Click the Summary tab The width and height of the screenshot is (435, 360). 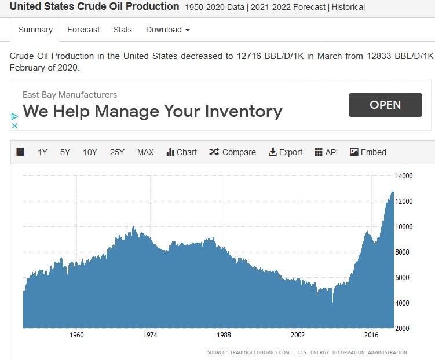pyautogui.click(x=35, y=30)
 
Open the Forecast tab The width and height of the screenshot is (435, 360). pyautogui.click(x=83, y=30)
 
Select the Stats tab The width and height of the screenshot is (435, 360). pyautogui.click(x=123, y=30)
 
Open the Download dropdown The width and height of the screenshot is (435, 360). pyautogui.click(x=167, y=30)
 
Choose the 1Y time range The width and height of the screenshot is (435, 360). pyautogui.click(x=43, y=152)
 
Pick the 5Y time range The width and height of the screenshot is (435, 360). pyautogui.click(x=65, y=152)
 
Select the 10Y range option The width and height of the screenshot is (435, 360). pyautogui.click(x=90, y=152)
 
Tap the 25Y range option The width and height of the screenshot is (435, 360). pyautogui.click(x=117, y=152)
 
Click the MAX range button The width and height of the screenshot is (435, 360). pyautogui.click(x=145, y=152)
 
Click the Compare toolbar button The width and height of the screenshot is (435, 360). pyautogui.click(x=232, y=152)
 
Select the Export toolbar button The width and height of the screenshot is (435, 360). pyautogui.click(x=286, y=152)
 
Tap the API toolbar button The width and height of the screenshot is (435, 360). pyautogui.click(x=326, y=152)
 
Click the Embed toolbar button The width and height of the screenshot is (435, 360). pyautogui.click(x=368, y=152)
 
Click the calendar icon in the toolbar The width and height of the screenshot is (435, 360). pyautogui.click(x=20, y=152)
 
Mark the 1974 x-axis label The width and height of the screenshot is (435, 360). pyautogui.click(x=150, y=335)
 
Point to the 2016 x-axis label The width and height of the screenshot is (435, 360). pyautogui.click(x=371, y=335)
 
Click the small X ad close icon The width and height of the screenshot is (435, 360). pyautogui.click(x=15, y=126)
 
